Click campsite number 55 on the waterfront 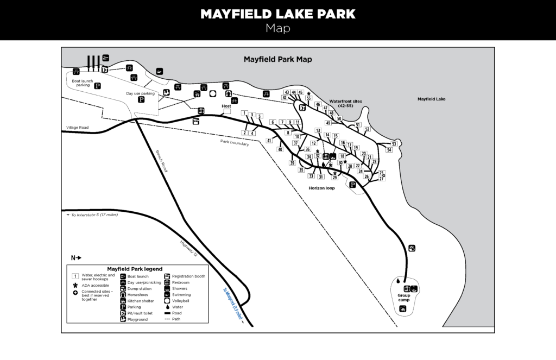(308, 98)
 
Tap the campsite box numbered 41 (269, 141)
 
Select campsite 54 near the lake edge (389, 149)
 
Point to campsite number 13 (318, 131)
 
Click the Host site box (226, 112)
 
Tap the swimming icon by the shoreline (159, 72)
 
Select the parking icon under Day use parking (141, 99)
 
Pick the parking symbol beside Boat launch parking (98, 85)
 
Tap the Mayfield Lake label (432, 99)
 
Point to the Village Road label (77, 128)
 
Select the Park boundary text (235, 143)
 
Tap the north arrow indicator (75, 257)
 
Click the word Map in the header (278, 28)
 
